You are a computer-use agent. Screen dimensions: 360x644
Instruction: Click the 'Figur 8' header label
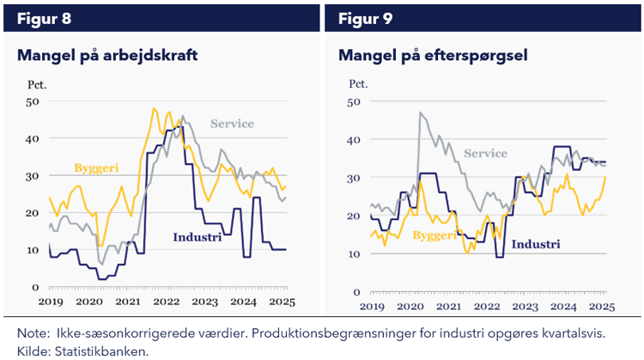pyautogui.click(x=40, y=18)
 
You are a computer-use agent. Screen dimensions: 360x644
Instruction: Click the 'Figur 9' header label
pyautogui.click(x=365, y=18)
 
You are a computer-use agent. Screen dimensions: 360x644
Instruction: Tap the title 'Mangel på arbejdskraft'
pyautogui.click(x=107, y=56)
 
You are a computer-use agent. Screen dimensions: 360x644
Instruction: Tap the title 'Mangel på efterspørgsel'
pyautogui.click(x=433, y=56)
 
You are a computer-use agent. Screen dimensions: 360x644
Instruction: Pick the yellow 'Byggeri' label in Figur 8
pyautogui.click(x=97, y=167)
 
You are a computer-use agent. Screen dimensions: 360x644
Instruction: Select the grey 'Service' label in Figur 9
pyautogui.click(x=486, y=154)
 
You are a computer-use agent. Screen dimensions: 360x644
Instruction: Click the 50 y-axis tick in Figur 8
pyautogui.click(x=33, y=102)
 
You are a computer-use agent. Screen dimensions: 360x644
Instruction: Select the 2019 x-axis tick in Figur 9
pyautogui.click(x=372, y=307)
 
